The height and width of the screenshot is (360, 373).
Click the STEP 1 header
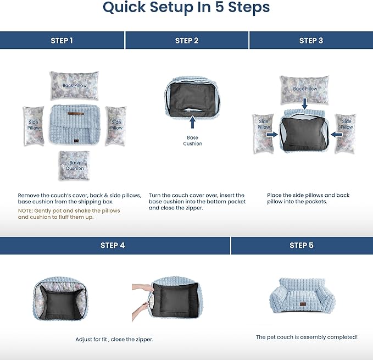coord(62,41)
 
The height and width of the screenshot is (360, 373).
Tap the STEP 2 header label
coord(187,41)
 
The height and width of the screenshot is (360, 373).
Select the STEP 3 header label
coord(311,41)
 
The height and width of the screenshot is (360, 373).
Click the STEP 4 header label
coord(113,246)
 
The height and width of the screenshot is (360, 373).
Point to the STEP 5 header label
coord(301,246)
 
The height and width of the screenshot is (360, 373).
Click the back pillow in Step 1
coord(75,85)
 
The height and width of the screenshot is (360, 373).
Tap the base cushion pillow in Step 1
coord(74,165)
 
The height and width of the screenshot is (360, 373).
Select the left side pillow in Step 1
coord(34,125)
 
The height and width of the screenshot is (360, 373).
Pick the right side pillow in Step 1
coord(116,125)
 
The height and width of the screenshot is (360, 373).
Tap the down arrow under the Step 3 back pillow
coord(305,103)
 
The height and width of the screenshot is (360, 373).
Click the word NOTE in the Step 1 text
coord(26,211)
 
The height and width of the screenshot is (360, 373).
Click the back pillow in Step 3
coord(305,88)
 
